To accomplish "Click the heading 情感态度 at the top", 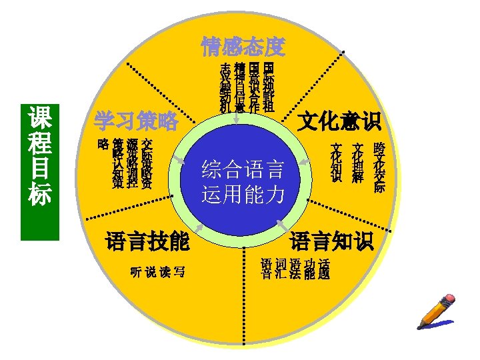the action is coord(243,47).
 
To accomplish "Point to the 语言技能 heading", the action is coord(147,241).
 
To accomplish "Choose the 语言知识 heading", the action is coord(332,241).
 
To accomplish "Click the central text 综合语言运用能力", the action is coord(243,181).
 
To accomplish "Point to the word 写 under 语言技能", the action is coord(178,273).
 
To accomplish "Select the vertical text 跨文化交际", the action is coord(379,167).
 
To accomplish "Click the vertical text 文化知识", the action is coord(337,163).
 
